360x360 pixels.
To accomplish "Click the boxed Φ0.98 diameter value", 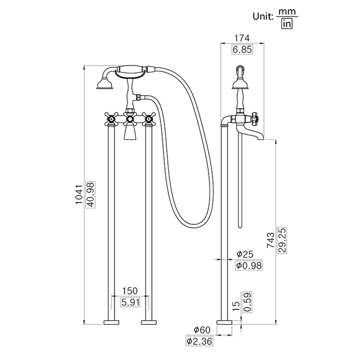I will (248, 266).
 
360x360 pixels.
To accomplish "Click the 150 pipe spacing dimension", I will (130, 291).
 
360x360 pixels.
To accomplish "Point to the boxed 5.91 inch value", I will (130, 302).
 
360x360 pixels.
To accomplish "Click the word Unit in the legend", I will (263, 16).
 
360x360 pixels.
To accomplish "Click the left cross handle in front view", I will (111, 118).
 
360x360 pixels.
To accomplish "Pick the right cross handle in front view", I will (148, 118).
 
